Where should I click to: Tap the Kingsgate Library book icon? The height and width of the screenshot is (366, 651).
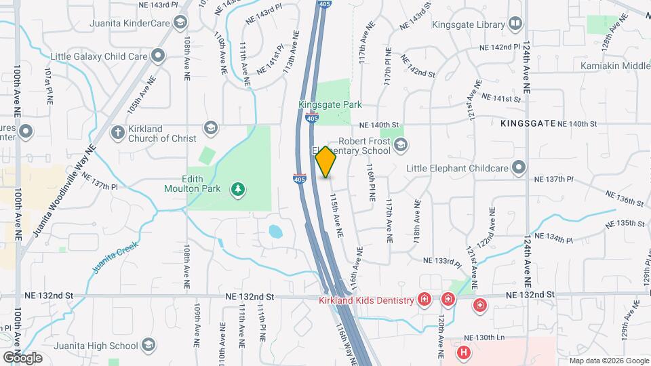tap(516, 24)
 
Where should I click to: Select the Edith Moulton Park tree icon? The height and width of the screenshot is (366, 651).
tap(237, 188)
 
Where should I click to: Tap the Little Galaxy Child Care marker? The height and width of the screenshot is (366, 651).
tap(158, 55)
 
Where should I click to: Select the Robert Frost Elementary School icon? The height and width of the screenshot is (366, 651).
tap(401, 144)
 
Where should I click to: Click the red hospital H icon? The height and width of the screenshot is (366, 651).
tap(463, 352)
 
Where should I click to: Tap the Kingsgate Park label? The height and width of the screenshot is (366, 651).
tap(330, 105)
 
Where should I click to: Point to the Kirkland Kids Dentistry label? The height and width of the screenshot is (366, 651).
tap(366, 300)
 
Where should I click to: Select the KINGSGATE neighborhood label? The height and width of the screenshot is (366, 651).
tap(528, 124)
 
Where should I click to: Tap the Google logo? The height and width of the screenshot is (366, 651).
tap(22, 357)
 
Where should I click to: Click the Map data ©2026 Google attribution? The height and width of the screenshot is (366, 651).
tap(608, 361)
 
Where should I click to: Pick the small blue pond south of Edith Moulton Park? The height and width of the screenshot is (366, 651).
tap(275, 232)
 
